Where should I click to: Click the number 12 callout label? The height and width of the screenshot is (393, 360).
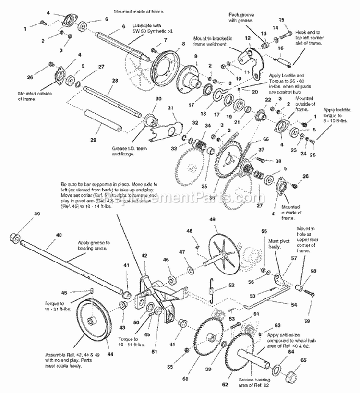pyautogui.click(x=247, y=38)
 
